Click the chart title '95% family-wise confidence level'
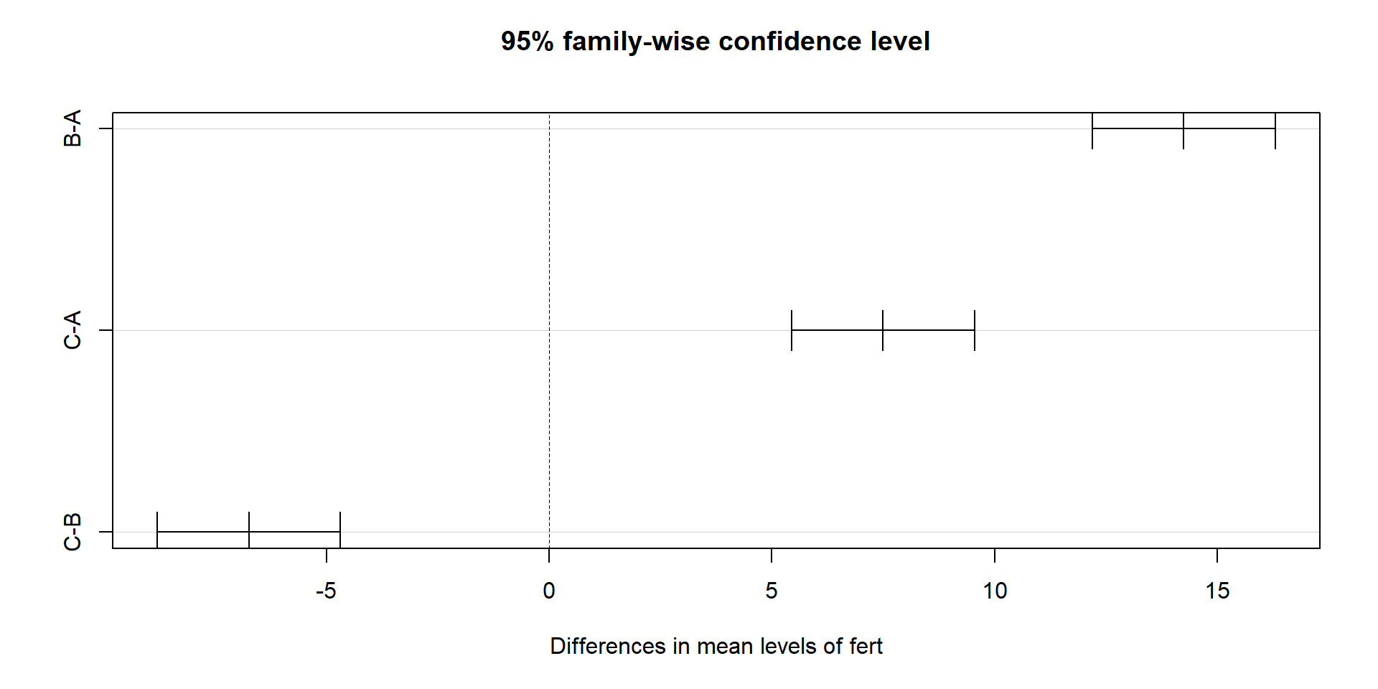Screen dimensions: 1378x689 [715, 42]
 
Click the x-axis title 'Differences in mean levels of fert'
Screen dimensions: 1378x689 [716, 646]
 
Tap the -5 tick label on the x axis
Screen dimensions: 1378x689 [326, 591]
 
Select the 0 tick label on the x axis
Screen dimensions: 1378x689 [549, 591]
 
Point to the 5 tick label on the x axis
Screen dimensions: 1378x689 [772, 591]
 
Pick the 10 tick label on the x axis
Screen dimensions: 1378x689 [995, 591]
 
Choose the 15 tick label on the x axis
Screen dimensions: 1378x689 [1217, 591]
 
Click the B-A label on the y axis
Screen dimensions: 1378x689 [72, 128]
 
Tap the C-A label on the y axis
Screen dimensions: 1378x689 [72, 330]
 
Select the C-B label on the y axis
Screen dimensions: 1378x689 [72, 532]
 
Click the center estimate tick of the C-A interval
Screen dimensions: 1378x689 [883, 330]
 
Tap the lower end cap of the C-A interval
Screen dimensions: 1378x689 [792, 330]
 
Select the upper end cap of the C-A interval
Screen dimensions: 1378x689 [975, 330]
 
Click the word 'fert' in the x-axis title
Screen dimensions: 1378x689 [866, 646]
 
